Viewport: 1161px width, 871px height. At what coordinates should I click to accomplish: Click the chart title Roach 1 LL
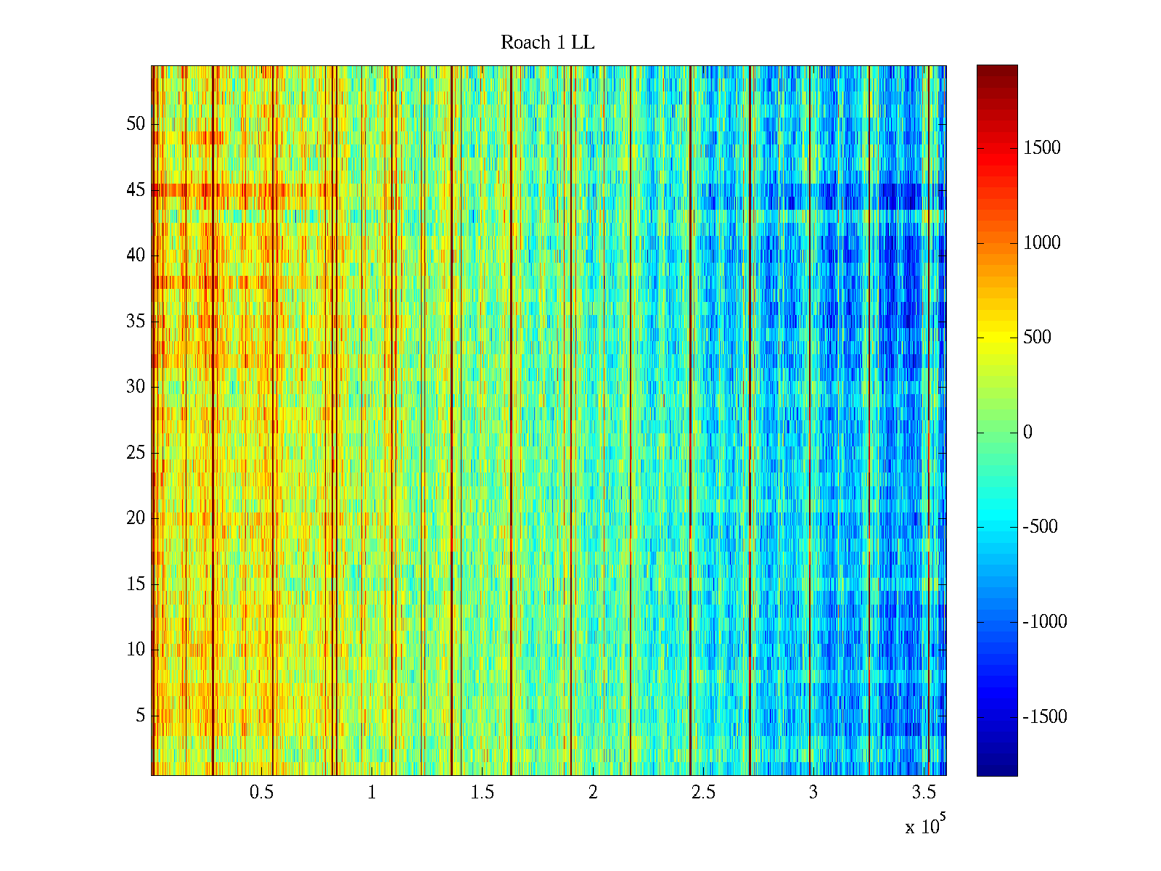547,43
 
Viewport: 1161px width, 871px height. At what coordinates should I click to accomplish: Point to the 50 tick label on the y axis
136,124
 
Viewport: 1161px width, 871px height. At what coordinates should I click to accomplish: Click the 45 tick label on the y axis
136,190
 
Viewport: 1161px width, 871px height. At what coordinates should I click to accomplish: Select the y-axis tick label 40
136,255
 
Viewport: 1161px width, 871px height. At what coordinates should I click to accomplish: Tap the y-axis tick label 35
136,322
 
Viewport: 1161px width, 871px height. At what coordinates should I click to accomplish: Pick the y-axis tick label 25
136,453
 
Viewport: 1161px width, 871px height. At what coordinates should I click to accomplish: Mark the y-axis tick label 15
136,584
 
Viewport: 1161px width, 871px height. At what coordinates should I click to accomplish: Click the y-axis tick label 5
140,716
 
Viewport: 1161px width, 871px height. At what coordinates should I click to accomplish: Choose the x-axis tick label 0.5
261,793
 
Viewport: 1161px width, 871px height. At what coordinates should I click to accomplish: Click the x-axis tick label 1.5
482,793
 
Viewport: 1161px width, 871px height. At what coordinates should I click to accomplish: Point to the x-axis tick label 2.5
703,793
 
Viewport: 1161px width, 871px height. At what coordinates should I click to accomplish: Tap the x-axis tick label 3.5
924,793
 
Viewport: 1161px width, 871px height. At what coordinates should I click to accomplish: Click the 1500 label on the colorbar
1041,148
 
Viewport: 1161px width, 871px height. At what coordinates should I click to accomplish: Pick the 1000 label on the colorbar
1041,243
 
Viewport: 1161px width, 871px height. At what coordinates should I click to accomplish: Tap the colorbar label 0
1027,433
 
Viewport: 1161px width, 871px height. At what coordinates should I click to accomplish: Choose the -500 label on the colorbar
1040,527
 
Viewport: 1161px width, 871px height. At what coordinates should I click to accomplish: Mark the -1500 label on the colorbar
1044,717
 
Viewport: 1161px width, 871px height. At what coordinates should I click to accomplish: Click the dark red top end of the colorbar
996,70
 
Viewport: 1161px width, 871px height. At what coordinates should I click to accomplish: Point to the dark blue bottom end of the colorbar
996,771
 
